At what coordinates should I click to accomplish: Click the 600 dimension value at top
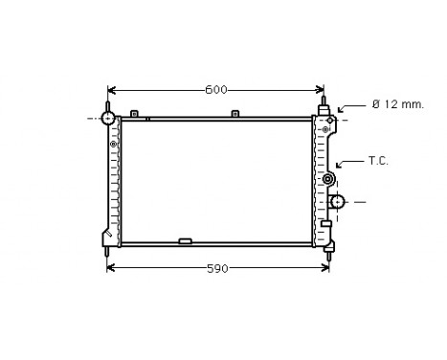[216, 90]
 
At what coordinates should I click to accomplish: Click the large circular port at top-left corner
[108, 118]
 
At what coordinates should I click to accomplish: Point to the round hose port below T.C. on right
[337, 201]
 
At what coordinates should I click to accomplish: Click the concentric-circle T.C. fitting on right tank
[328, 179]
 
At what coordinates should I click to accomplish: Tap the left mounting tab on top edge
[135, 114]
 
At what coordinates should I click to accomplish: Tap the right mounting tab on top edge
[235, 114]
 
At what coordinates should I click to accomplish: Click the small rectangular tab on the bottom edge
[185, 240]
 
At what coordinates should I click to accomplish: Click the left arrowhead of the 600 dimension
[111, 90]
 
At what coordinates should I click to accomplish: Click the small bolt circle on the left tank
[114, 145]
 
